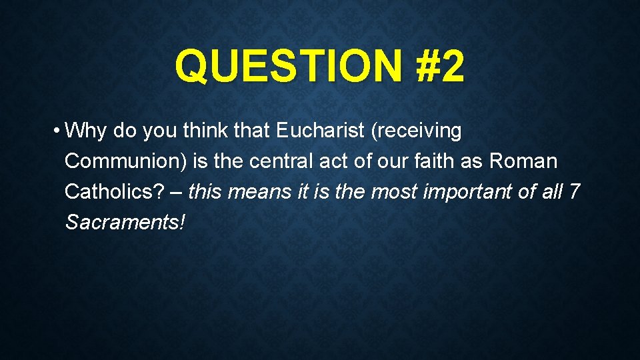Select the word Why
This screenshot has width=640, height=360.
coord(88,131)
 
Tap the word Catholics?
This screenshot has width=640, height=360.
coord(113,193)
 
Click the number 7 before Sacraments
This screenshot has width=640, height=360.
coord(575,193)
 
